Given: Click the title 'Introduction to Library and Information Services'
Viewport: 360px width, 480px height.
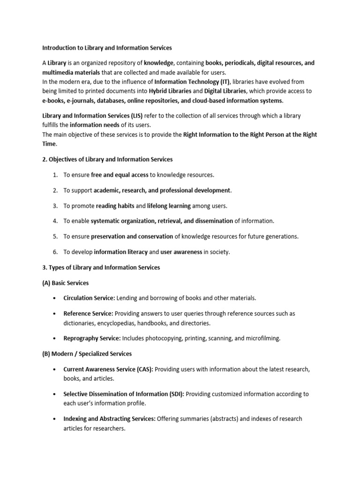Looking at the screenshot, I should click(107, 48).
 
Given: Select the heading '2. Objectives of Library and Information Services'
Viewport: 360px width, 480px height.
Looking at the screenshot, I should click(107, 159).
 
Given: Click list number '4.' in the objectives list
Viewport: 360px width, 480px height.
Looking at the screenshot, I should click(55, 221).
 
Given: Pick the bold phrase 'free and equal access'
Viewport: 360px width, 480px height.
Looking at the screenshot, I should click(120, 175).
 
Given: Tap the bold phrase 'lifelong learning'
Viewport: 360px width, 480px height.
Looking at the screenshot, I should click(169, 206).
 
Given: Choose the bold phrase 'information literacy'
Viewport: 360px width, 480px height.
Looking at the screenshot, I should click(120, 252).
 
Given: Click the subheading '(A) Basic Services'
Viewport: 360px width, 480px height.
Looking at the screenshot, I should click(65, 283).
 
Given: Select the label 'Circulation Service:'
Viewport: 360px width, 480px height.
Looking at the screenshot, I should click(89, 298).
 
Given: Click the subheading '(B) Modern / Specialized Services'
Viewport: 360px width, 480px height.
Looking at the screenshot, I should click(87, 353).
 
